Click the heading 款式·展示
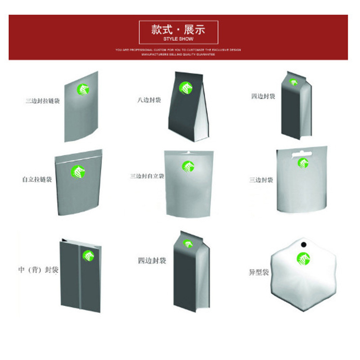pos(178,30)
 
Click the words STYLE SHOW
pos(178,39)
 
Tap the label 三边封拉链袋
pos(43,101)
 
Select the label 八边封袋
pos(149,100)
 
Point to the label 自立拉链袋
pos(37,180)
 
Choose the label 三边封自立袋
pos(147,176)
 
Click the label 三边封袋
pos(261,180)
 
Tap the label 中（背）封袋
pos(39,270)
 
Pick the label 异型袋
pos(259,272)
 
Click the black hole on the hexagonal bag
pos(303,245)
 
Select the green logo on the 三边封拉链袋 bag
pos(82,90)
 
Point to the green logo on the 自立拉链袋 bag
pos(78,171)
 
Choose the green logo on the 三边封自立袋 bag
pos(189,166)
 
